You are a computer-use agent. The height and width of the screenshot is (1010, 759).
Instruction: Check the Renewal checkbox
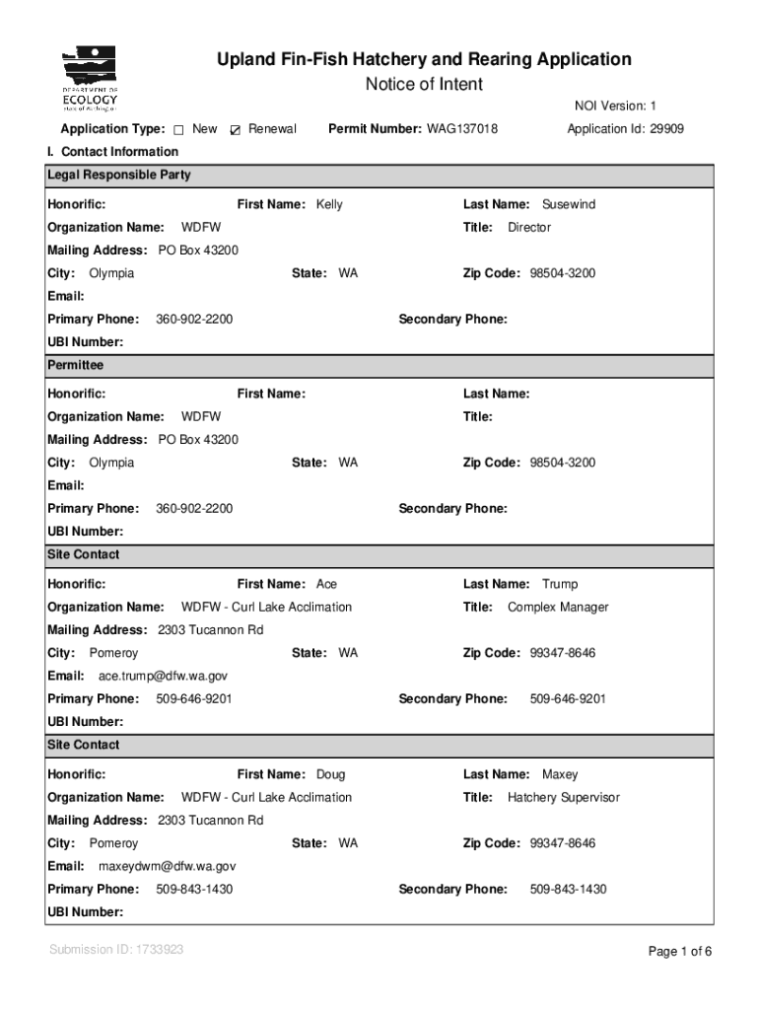pyautogui.click(x=235, y=130)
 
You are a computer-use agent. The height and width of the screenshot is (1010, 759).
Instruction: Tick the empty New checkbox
pyautogui.click(x=178, y=130)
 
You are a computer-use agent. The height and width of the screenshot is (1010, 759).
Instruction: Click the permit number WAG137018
pyautogui.click(x=461, y=129)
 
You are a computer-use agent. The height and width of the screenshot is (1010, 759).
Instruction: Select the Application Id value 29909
pyautogui.click(x=666, y=129)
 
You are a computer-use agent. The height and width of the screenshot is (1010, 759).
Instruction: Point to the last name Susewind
pyautogui.click(x=568, y=205)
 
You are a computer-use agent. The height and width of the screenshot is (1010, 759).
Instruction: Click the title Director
pyautogui.click(x=528, y=228)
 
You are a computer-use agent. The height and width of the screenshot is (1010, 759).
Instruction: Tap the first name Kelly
pyautogui.click(x=329, y=205)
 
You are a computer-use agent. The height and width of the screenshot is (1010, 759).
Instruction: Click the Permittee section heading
pyautogui.click(x=75, y=365)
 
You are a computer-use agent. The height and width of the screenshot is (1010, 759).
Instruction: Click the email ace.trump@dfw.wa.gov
pyautogui.click(x=163, y=677)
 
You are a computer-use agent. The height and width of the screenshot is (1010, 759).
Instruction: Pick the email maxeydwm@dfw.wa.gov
pyautogui.click(x=167, y=867)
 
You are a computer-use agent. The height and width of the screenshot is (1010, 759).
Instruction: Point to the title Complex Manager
pyautogui.click(x=558, y=608)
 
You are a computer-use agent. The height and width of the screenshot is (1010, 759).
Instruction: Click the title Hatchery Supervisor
pyautogui.click(x=563, y=798)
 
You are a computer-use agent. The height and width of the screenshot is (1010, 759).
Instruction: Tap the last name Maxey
pyautogui.click(x=560, y=775)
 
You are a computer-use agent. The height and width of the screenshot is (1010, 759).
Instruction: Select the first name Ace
pyautogui.click(x=326, y=585)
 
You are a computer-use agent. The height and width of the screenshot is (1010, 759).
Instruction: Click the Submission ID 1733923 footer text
pyautogui.click(x=115, y=950)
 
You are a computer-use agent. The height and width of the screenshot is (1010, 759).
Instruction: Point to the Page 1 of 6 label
pyautogui.click(x=679, y=952)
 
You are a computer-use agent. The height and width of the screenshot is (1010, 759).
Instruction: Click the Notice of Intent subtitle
pyautogui.click(x=424, y=85)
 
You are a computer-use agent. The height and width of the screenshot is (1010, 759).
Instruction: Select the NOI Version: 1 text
pyautogui.click(x=615, y=107)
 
